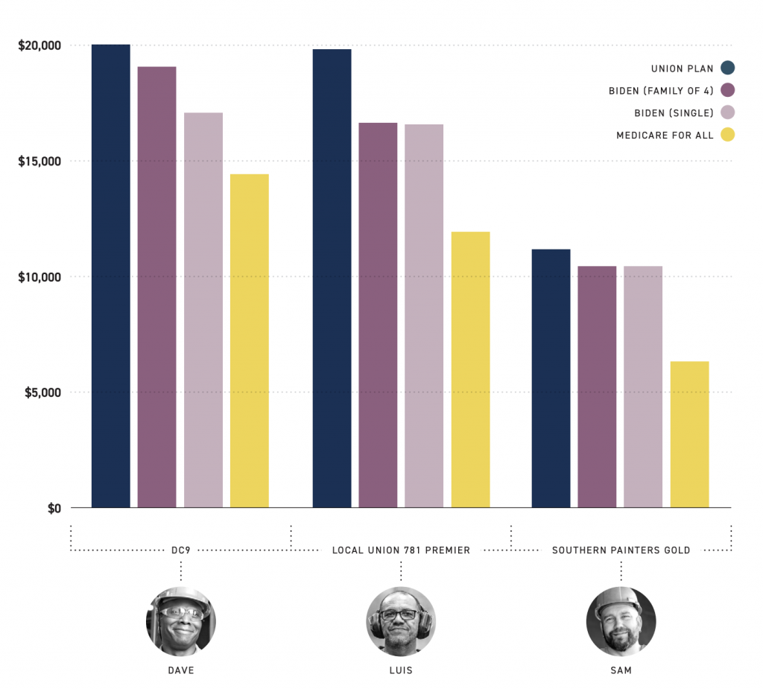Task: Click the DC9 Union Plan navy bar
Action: (111, 276)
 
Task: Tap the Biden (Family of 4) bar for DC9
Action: (157, 287)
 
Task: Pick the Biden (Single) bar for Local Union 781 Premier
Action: (424, 316)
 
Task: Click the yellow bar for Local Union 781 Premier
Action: (470, 369)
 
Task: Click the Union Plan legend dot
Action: (728, 69)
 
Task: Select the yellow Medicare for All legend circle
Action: (728, 135)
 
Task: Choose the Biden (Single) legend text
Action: (674, 113)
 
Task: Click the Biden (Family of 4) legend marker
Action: (728, 91)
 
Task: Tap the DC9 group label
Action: (180, 550)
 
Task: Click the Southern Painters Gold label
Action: (621, 550)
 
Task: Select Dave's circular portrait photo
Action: (180, 621)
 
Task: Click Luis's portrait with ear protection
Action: (401, 621)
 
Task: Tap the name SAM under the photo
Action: (621, 670)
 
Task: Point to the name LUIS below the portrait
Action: (401, 670)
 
